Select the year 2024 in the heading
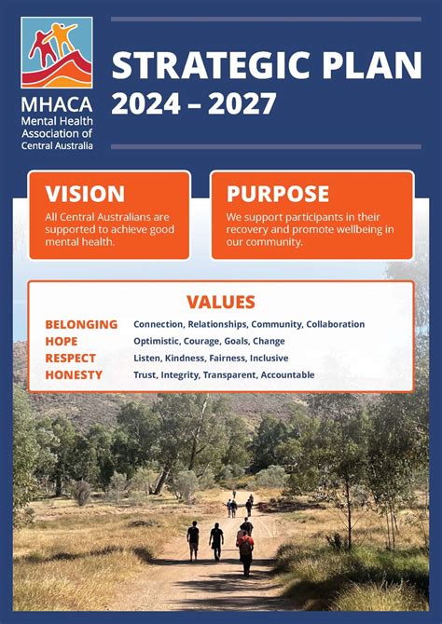pyautogui.click(x=143, y=102)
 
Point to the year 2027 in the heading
pyautogui.click(x=244, y=102)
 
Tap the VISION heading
pyautogui.click(x=85, y=194)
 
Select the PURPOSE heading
pyautogui.click(x=278, y=194)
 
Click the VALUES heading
pyautogui.click(x=221, y=302)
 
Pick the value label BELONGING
pyautogui.click(x=81, y=324)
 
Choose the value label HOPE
pyautogui.click(x=62, y=341)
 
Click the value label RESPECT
pyautogui.click(x=70, y=358)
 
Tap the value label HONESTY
pyautogui.click(x=74, y=374)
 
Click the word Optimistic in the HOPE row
pyautogui.click(x=157, y=341)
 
